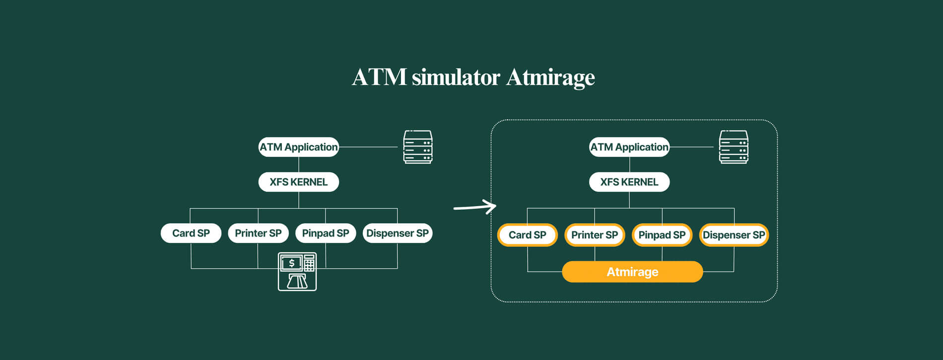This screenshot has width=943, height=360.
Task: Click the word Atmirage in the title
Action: [550, 78]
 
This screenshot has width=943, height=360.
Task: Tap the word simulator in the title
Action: [456, 77]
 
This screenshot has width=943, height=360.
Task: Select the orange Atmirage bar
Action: [632, 272]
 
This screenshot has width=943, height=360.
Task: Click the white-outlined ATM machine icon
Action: [297, 272]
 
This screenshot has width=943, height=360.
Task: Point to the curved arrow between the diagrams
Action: [475, 207]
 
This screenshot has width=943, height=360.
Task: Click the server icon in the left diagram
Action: [418, 147]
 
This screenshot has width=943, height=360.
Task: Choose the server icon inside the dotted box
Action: [734, 147]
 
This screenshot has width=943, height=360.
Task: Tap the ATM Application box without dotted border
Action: [299, 147]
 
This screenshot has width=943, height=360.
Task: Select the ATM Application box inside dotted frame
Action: [629, 147]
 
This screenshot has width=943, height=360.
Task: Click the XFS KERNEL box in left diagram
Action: [299, 182]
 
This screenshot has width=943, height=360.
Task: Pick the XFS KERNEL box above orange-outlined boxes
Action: [629, 182]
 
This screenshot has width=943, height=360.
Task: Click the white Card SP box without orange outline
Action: [191, 233]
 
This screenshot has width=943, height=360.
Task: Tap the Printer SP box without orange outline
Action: [258, 233]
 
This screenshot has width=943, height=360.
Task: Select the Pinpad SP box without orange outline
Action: [326, 233]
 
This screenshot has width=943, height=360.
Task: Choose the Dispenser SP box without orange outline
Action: [398, 233]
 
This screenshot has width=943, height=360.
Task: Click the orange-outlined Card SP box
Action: [528, 235]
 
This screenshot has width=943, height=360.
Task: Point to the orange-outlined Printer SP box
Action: [595, 235]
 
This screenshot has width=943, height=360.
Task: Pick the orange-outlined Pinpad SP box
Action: [662, 235]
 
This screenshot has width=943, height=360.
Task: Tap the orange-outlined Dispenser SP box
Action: [734, 235]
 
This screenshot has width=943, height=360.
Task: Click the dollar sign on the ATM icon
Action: [292, 263]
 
